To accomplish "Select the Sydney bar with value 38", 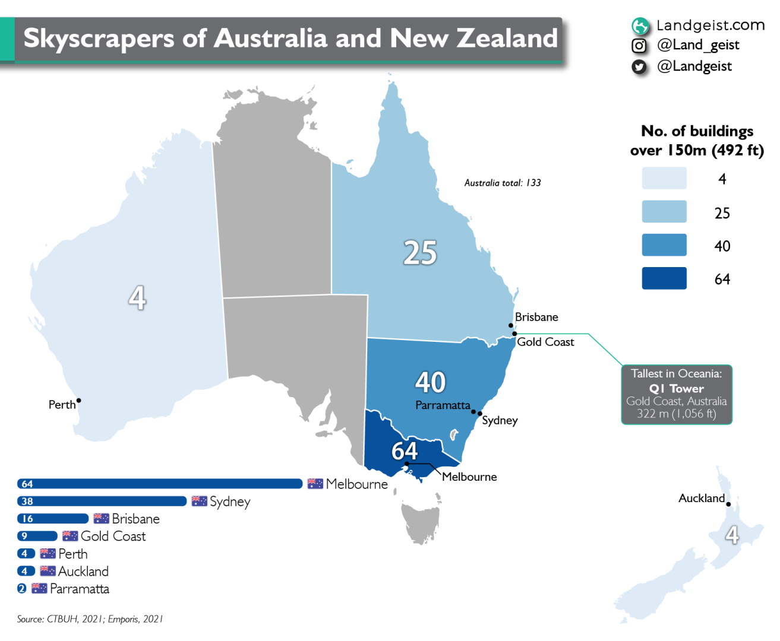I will coord(102,502).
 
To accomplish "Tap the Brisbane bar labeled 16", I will coord(53,519).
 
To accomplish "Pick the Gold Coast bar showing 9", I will coord(37,536).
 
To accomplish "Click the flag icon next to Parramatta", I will coord(39,589).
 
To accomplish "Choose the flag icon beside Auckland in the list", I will coord(48,571).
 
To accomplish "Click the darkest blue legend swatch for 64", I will coord(664,278).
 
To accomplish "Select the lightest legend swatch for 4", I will coord(664,178).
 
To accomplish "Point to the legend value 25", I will coord(722,213).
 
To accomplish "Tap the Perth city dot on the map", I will coord(78,401).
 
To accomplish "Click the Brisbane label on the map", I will coord(536,317).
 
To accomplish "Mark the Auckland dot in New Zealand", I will coord(728,504).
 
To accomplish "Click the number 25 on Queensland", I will coord(420,253).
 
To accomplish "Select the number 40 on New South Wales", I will coord(430,382).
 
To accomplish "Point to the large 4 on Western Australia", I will coord(137,297).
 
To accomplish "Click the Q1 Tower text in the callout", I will coord(676,389).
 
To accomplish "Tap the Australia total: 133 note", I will coord(503,183).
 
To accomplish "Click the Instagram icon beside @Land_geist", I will coord(639,46).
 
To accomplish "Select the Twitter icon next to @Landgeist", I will coord(639,66).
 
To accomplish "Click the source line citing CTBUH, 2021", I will coord(90,619).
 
